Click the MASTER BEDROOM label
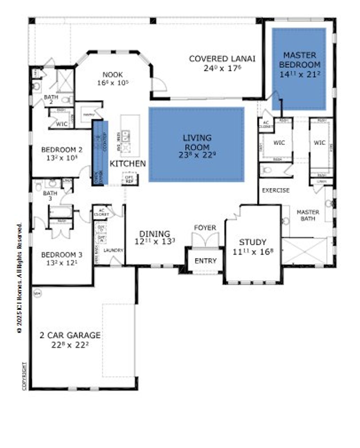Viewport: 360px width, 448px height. (x=300, y=60)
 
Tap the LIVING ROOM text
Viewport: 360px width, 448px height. (x=197, y=142)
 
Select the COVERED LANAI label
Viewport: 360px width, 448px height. (x=222, y=59)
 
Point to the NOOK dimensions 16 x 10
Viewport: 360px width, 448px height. (x=113, y=83)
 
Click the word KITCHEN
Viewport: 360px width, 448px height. (x=127, y=163)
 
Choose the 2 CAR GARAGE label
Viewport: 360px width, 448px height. (x=70, y=335)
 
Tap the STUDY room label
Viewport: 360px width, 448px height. (x=252, y=242)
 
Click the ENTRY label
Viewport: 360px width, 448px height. (x=205, y=261)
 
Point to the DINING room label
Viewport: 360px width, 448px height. (x=155, y=234)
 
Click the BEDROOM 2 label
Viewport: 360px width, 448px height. (x=62, y=150)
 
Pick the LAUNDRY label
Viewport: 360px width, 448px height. (x=113, y=250)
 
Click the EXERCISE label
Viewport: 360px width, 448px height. (x=276, y=191)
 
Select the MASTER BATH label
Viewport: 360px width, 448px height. (x=308, y=215)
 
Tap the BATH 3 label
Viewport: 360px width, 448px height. (x=50, y=196)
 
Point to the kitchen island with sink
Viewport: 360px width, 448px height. (x=130, y=136)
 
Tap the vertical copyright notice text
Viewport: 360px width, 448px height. (x=19, y=279)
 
